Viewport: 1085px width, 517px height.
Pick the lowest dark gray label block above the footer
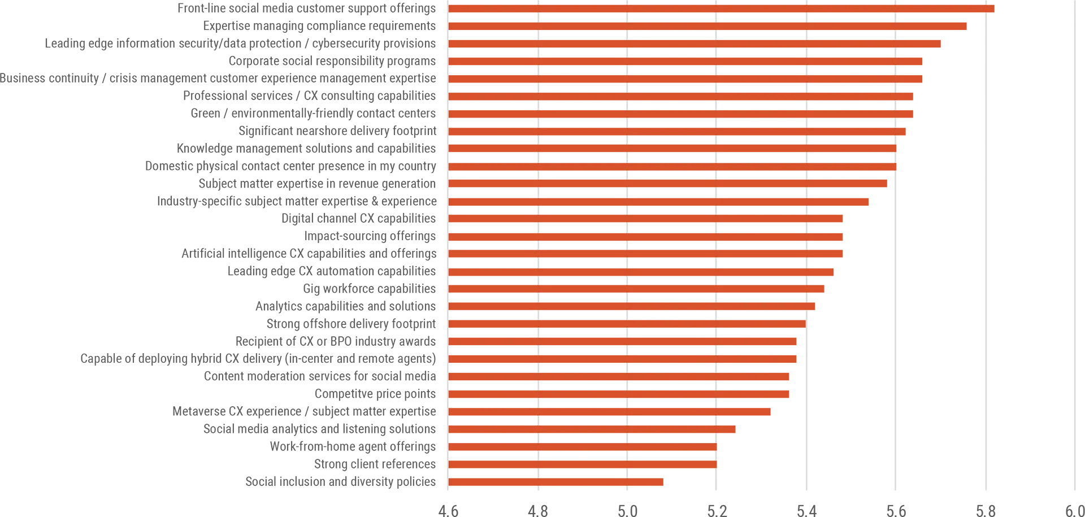tap(316, 481)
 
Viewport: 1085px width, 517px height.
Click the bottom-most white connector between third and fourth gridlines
tap(671, 472)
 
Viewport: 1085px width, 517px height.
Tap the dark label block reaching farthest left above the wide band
tap(170, 201)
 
